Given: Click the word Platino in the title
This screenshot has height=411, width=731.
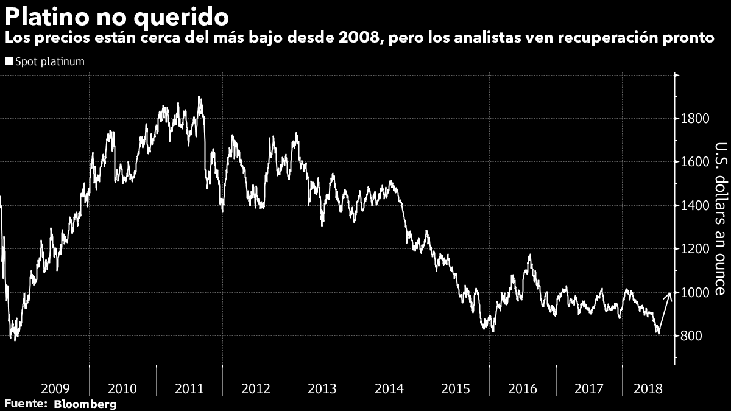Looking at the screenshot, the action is click(x=47, y=16).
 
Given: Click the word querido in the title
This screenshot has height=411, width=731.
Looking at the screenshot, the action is click(x=181, y=18).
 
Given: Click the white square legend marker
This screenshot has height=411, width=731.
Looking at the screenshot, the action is click(x=9, y=61).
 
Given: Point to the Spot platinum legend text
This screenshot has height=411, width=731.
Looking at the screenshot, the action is click(x=50, y=61).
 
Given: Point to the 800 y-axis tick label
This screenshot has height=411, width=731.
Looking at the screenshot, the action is click(x=691, y=336).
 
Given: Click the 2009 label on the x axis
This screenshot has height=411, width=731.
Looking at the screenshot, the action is click(x=55, y=389).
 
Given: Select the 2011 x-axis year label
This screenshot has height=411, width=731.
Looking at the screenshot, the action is click(x=189, y=389).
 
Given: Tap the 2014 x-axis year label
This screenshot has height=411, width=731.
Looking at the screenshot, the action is click(x=389, y=389).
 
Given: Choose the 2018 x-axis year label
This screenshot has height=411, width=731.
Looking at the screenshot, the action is click(x=648, y=389).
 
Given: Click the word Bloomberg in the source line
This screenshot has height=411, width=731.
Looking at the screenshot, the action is click(x=85, y=404).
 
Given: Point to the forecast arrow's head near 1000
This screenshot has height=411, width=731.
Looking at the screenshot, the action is click(x=670, y=293).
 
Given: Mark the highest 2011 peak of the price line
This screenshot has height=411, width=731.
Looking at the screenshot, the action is click(x=199, y=97).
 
